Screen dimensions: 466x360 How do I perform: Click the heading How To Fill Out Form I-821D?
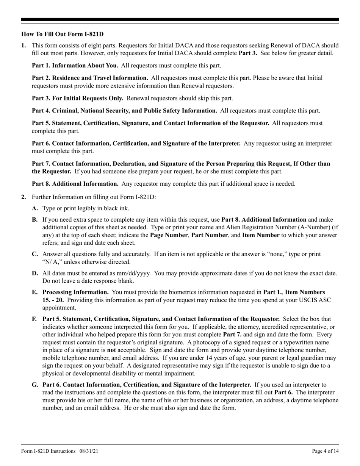tap(62, 34)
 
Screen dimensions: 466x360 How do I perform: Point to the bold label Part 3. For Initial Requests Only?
tap(77, 99)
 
